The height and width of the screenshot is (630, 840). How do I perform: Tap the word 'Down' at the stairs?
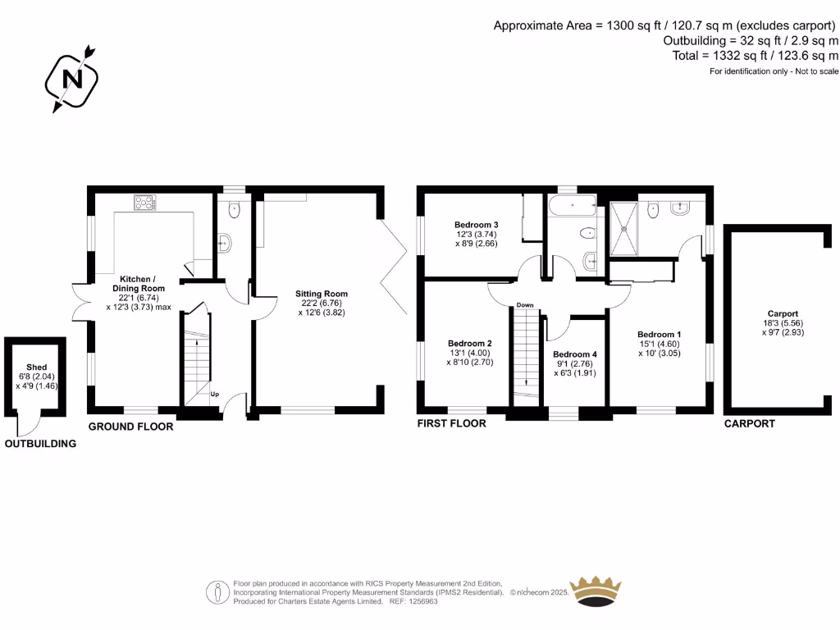click(525, 305)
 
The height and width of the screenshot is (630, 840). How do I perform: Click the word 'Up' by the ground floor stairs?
click(215, 394)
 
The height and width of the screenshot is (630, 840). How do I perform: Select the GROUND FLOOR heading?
click(130, 427)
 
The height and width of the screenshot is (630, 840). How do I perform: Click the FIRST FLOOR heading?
click(451, 423)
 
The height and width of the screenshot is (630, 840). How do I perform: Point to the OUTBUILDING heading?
click(40, 444)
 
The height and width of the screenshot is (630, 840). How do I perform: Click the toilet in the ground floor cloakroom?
click(235, 209)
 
